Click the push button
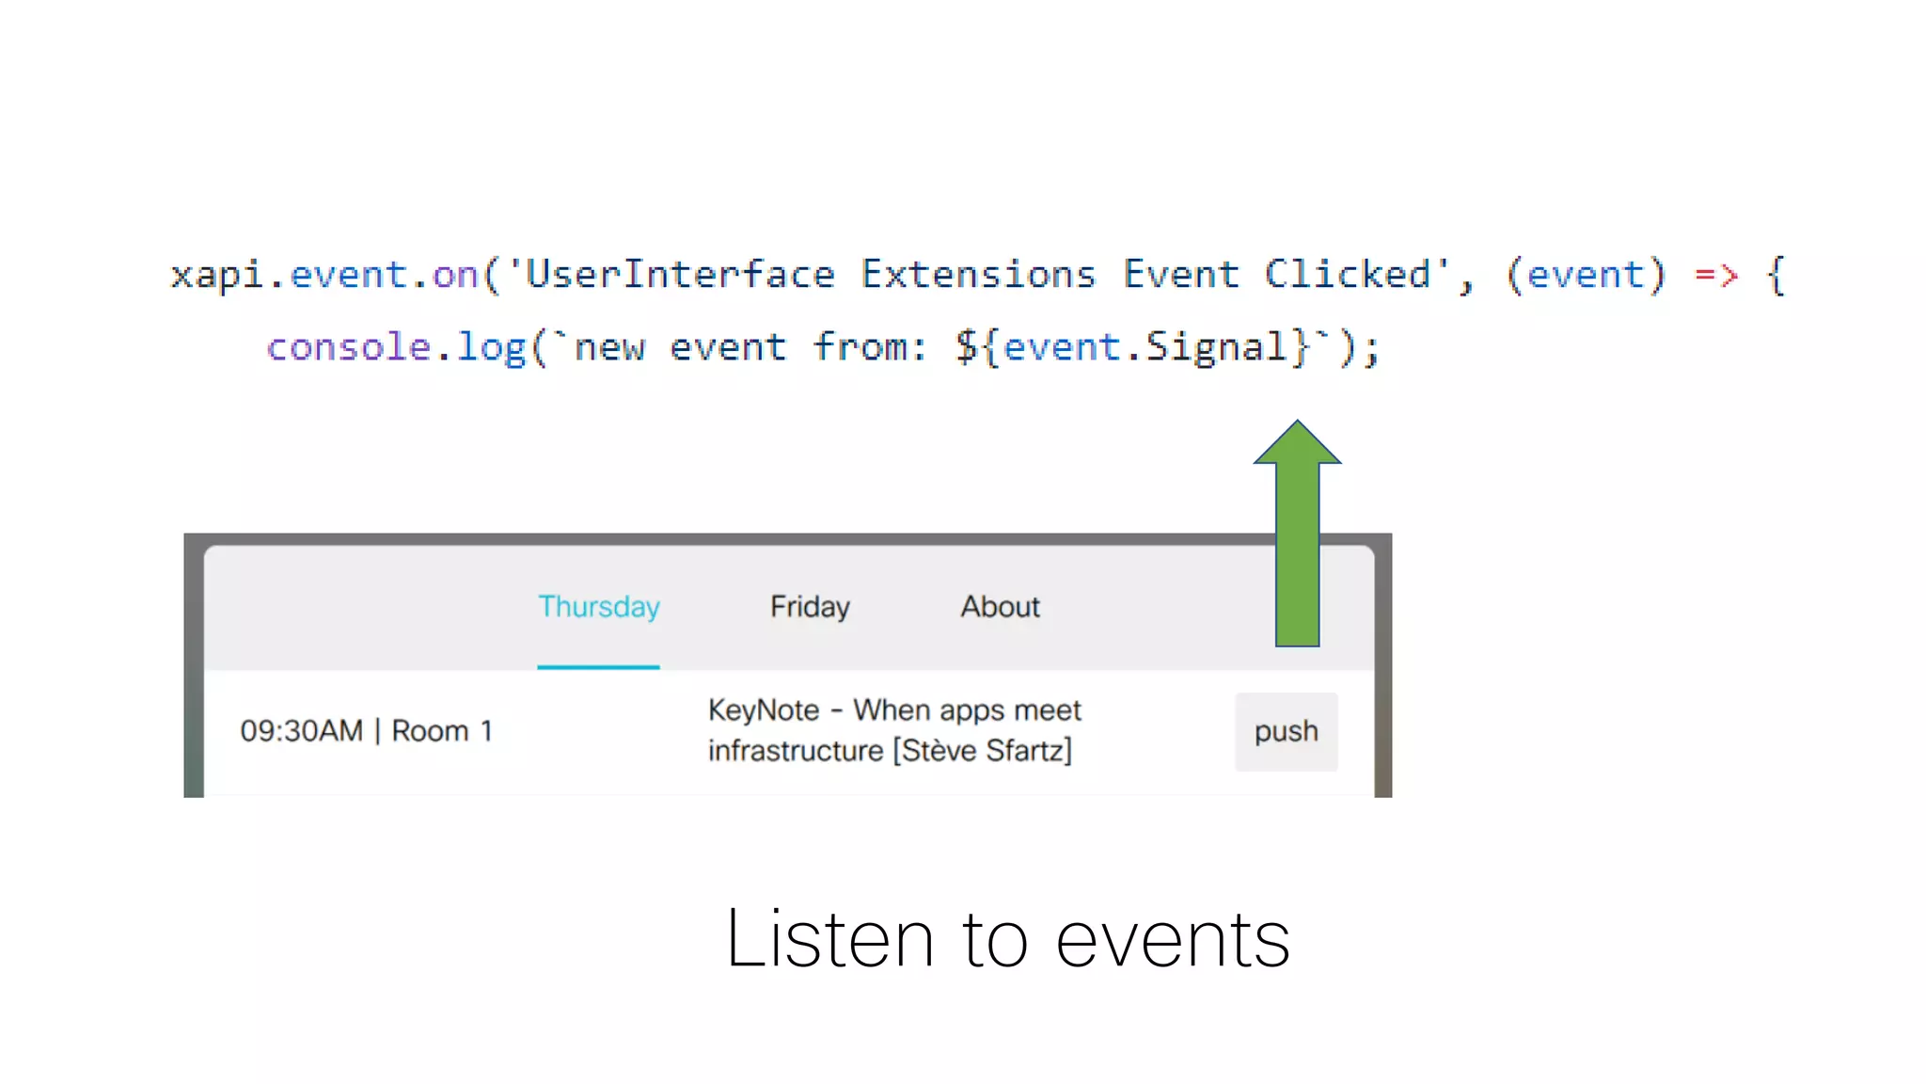click(1286, 731)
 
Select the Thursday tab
click(598, 607)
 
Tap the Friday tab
click(810, 607)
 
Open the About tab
click(1000, 607)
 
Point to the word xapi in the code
click(215, 275)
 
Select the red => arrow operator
click(1715, 275)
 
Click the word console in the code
click(348, 347)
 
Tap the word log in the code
click(491, 347)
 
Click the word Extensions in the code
click(978, 274)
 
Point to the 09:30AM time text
click(301, 731)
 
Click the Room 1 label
click(442, 731)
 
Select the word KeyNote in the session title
click(764, 710)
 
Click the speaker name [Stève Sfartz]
click(983, 751)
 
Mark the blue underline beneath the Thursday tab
click(598, 666)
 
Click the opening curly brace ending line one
click(1775, 275)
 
